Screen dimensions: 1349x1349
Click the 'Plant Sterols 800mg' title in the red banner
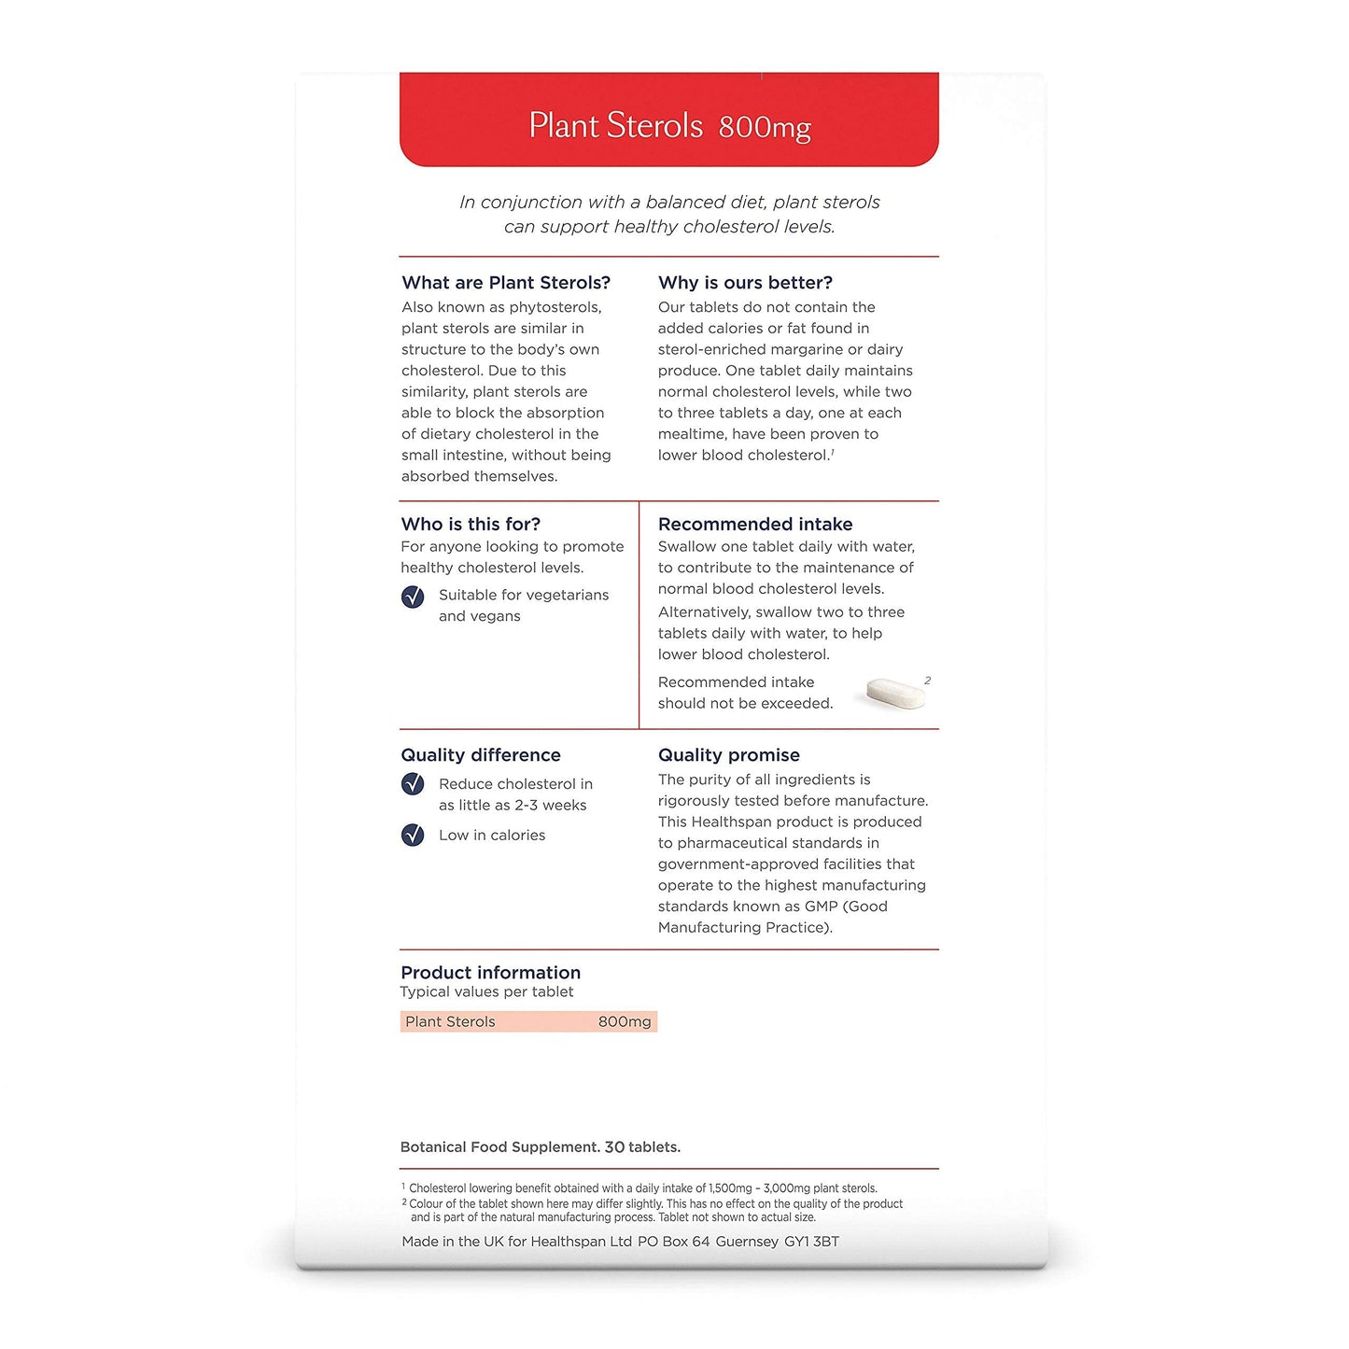(669, 126)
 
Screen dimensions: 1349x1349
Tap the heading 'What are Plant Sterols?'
(506, 282)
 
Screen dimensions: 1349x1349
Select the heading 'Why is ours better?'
(745, 282)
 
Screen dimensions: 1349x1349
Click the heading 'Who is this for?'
(471, 524)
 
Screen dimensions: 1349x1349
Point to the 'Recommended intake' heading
(755, 524)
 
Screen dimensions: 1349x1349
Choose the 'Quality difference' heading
(481, 754)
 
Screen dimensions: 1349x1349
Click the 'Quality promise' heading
(729, 754)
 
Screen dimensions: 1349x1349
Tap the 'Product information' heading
(490, 972)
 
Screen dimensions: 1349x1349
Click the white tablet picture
(895, 693)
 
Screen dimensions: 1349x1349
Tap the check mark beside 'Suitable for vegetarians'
(413, 597)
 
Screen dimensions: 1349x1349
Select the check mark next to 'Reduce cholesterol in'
(413, 784)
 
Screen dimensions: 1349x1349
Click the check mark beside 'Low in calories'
(413, 835)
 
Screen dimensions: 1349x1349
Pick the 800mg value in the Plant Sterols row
(625, 1021)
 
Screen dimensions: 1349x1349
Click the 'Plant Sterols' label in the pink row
(450, 1021)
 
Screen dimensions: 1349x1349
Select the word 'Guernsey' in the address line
(747, 1242)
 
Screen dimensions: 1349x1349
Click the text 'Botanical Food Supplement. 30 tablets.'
(541, 1146)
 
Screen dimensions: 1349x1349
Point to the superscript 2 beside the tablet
(927, 681)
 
